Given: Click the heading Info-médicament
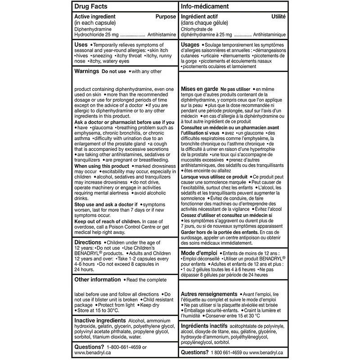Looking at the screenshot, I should pos(204,7).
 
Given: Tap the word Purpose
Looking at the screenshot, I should pos(165,16).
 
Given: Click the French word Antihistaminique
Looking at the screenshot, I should pos(270,34).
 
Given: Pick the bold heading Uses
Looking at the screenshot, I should pos(81,45).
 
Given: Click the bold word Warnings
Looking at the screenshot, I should pos(87,71).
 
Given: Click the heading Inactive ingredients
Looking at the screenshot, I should pos(100,320).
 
